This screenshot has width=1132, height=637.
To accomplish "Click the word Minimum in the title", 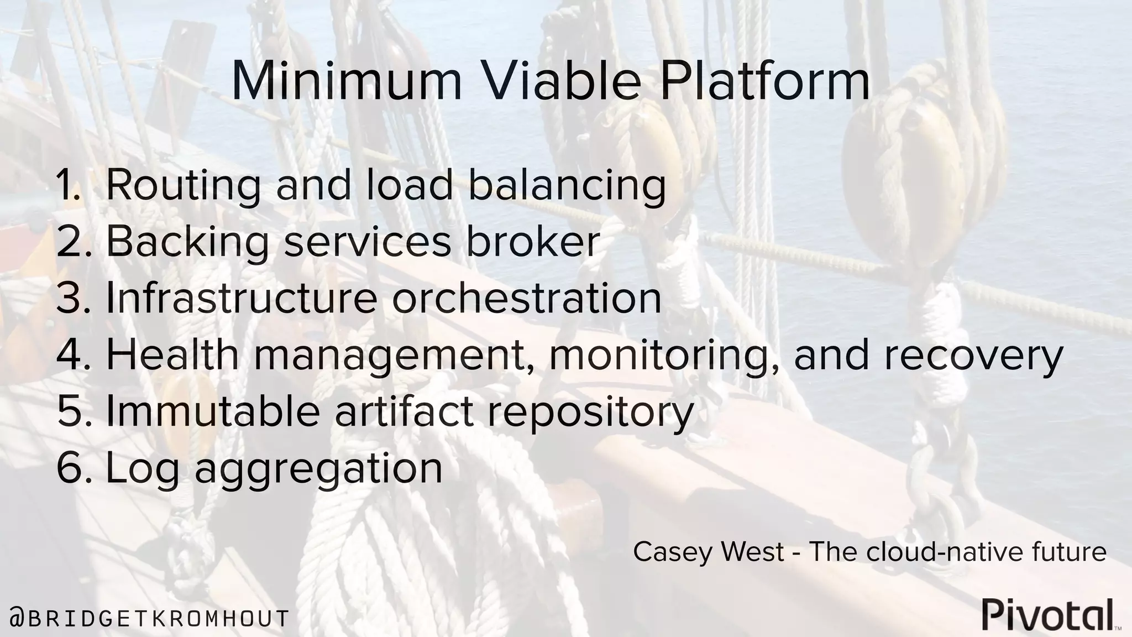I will [x=346, y=82].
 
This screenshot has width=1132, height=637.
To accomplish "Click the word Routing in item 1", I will [x=182, y=186].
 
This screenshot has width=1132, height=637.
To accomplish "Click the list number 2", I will [x=72, y=243].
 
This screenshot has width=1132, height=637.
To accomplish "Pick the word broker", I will [x=533, y=242].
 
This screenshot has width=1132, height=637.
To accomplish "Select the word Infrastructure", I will [x=242, y=299].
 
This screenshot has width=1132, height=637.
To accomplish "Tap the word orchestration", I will [x=527, y=299].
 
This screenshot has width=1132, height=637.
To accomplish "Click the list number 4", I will [x=72, y=356].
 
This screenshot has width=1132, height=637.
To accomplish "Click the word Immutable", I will [x=213, y=412].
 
